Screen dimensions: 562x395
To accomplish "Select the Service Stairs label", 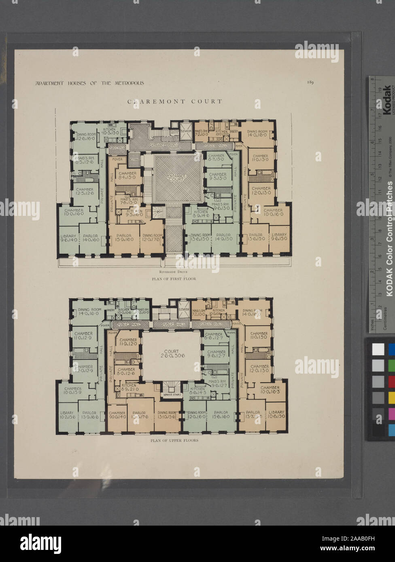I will click(x=172, y=395).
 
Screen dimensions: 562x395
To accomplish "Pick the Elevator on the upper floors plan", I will click(x=184, y=309).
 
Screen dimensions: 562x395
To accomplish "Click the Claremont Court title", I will click(x=175, y=101).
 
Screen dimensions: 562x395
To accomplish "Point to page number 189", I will click(x=310, y=82).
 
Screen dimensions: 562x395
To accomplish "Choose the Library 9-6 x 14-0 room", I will click(x=68, y=237).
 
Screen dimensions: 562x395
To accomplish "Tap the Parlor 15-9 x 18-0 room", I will click(x=123, y=238).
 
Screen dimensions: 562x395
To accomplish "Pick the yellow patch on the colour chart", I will click(x=391, y=398).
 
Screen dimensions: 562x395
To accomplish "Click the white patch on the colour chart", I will click(x=378, y=349).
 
